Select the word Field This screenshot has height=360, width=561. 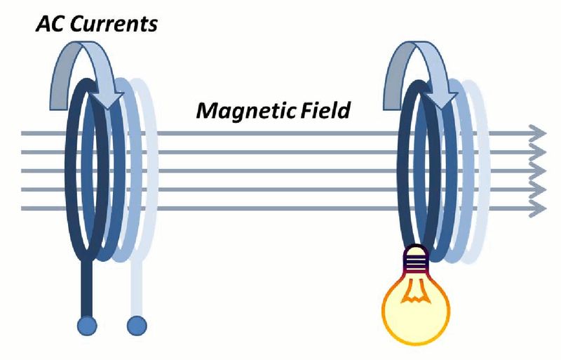(323, 110)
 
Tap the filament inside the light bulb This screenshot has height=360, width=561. (414, 295)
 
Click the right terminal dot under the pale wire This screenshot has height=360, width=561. (137, 326)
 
